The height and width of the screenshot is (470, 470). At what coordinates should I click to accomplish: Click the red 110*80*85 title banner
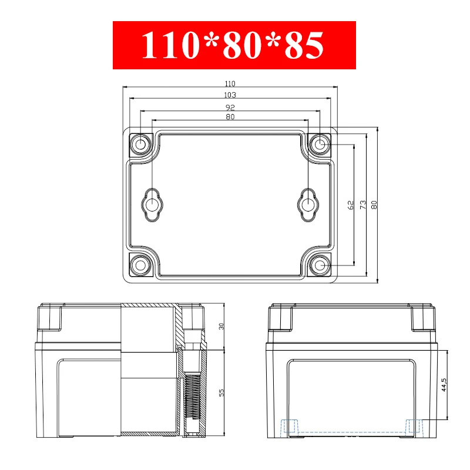coord(234,45)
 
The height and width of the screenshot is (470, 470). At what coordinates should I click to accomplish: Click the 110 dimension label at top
coord(230,83)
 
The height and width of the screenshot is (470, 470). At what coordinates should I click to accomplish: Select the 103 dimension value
coord(230,95)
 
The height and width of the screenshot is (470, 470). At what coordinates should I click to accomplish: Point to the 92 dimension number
coord(230,108)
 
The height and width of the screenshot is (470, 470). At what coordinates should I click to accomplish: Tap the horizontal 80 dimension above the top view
coord(230,116)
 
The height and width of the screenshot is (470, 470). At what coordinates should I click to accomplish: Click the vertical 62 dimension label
coord(350,205)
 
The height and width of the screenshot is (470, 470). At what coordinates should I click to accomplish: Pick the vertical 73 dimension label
coord(363,205)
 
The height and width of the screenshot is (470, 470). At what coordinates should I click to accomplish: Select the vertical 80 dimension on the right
coord(374,205)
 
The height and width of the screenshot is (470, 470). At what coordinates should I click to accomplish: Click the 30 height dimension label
coord(221,326)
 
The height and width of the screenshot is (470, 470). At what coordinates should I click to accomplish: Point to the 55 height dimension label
coord(221,392)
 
